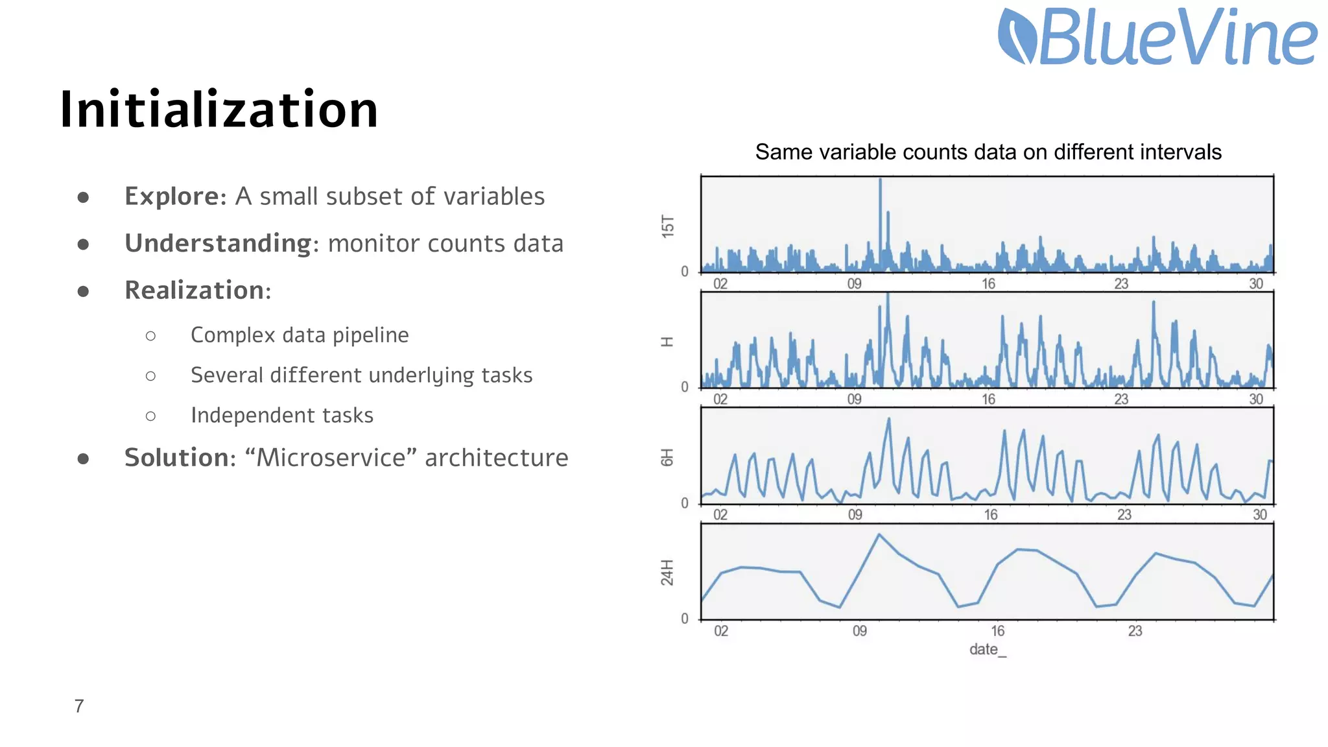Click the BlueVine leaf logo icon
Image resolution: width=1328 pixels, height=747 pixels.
(1016, 37)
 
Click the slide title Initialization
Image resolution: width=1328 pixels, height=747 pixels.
(219, 110)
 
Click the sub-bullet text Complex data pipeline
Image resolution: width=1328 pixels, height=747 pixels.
(300, 335)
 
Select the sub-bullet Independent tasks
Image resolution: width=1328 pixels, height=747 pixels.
(282, 416)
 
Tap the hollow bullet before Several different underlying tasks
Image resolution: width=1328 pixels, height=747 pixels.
(150, 376)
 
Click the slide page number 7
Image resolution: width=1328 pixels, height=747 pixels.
(79, 706)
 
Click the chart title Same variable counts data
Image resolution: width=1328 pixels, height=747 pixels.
(988, 152)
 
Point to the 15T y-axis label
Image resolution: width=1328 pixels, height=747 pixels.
(668, 226)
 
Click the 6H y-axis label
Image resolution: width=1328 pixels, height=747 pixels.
(668, 457)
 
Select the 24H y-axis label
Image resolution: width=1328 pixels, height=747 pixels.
(668, 573)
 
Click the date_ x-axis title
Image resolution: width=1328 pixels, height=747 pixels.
(988, 650)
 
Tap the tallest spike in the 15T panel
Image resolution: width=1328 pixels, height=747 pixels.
(880, 181)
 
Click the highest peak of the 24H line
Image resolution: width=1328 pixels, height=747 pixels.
(879, 535)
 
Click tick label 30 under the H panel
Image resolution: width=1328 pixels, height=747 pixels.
(1256, 399)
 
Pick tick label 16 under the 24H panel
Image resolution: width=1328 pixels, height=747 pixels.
(997, 631)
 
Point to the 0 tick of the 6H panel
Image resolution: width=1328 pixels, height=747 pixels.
(685, 503)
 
